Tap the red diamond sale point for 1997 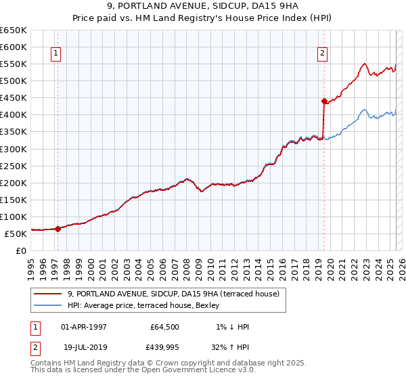(58, 229)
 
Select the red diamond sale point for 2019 (324, 101)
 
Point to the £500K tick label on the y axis (14, 81)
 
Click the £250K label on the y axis (14, 166)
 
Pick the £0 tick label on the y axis (21, 250)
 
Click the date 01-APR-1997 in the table (84, 328)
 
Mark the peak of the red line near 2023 (365, 64)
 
